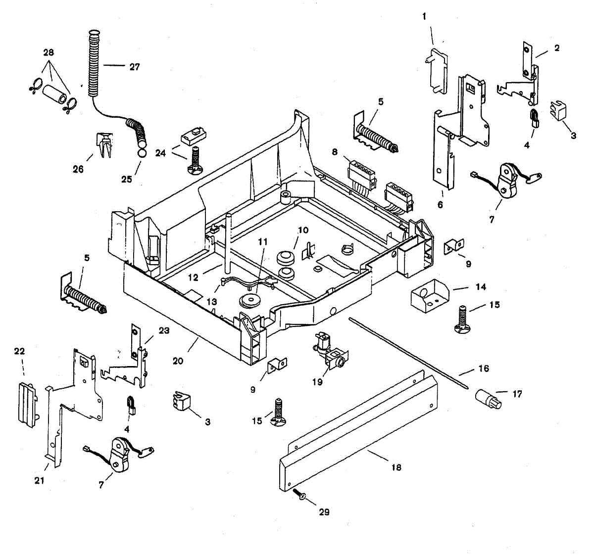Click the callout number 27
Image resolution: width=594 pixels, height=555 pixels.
coord(135,67)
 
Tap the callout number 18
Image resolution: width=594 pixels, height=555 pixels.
coord(396,467)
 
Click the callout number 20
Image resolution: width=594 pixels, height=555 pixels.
coord(178,361)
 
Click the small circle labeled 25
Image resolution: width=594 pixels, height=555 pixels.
coord(142,153)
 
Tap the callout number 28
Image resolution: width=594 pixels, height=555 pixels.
coord(49,52)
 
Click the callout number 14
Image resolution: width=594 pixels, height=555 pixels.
coord(481,287)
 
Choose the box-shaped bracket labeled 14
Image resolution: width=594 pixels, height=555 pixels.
coord(429,296)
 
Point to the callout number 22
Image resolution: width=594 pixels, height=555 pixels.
coord(19,351)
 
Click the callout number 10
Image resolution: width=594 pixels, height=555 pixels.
coord(303,230)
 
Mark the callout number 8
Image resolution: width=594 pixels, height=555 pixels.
coord(335,152)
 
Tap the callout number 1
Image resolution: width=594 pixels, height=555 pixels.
coord(424,16)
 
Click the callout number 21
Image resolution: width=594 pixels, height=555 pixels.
coord(40,480)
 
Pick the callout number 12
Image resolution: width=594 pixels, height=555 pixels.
coord(194,277)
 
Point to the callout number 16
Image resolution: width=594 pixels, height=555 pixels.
coord(484,368)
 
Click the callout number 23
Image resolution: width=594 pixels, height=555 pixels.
coord(164,330)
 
